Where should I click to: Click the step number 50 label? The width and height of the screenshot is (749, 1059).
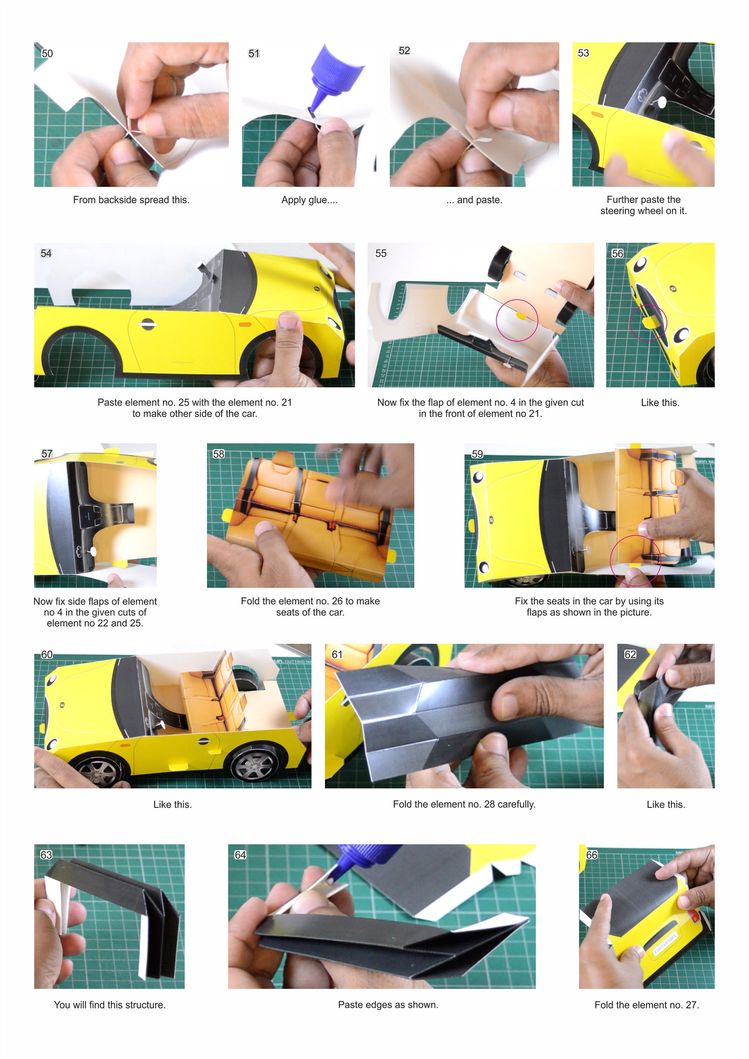pyautogui.click(x=47, y=53)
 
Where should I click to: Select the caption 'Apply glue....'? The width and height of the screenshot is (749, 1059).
pyautogui.click(x=309, y=200)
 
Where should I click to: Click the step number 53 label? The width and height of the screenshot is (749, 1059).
pyautogui.click(x=583, y=53)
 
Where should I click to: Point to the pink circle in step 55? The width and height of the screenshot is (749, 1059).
pyautogui.click(x=516, y=320)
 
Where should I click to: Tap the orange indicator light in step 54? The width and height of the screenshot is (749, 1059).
pyautogui.click(x=245, y=324)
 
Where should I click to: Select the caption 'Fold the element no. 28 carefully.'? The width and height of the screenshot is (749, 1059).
pyautogui.click(x=464, y=804)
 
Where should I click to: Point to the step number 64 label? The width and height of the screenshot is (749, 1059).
pyautogui.click(x=240, y=855)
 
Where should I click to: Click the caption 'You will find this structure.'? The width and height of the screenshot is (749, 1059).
pyautogui.click(x=109, y=1005)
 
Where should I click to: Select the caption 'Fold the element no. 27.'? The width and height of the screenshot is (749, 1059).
pyautogui.click(x=647, y=1005)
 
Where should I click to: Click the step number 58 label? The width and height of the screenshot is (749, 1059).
pyautogui.click(x=218, y=454)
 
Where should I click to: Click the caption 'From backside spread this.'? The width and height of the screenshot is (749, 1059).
pyautogui.click(x=131, y=200)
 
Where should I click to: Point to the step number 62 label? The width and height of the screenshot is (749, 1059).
pyautogui.click(x=630, y=655)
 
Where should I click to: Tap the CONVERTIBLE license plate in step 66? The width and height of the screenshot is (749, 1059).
pyautogui.click(x=665, y=944)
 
